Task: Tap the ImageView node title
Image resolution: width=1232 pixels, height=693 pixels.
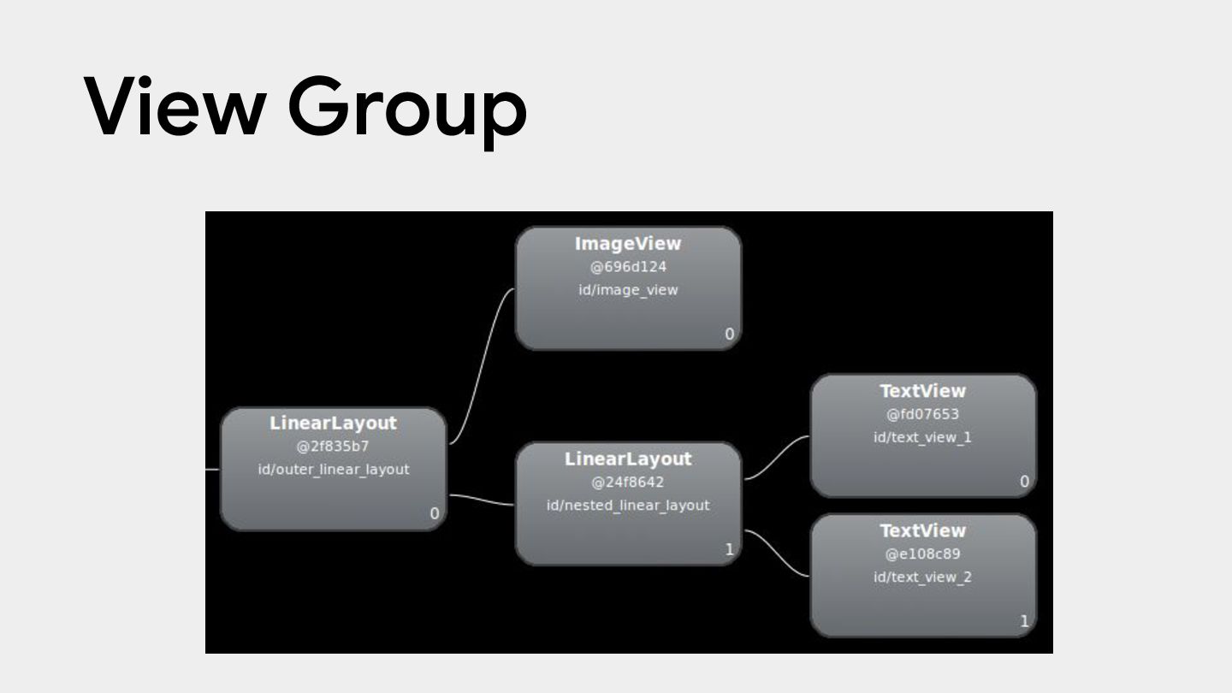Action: pos(628,244)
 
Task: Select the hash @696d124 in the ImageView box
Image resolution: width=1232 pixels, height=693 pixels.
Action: pos(628,267)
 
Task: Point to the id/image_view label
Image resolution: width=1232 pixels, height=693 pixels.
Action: pos(628,290)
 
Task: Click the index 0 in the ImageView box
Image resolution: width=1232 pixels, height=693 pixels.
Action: pos(730,335)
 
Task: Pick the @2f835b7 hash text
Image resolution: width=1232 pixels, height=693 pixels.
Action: pos(333,447)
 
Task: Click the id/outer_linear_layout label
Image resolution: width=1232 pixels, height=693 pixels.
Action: pos(333,470)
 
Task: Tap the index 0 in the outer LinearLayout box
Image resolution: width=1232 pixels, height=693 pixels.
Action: pos(435,514)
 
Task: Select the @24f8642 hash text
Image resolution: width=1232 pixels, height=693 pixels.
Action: pos(628,483)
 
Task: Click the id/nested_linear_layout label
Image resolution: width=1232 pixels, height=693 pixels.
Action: pos(628,506)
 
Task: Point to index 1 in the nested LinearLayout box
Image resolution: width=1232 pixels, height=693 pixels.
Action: pos(730,549)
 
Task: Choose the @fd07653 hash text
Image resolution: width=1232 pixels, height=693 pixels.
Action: pos(922,414)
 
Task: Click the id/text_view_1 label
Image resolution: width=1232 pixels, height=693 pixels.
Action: pos(922,437)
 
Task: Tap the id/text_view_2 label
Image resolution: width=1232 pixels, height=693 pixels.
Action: pos(922,577)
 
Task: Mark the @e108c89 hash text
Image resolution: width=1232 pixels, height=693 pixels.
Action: pos(922,554)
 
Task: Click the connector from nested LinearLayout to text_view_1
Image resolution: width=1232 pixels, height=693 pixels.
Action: pos(777,457)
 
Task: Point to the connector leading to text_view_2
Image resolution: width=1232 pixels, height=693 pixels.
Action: pos(777,554)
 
